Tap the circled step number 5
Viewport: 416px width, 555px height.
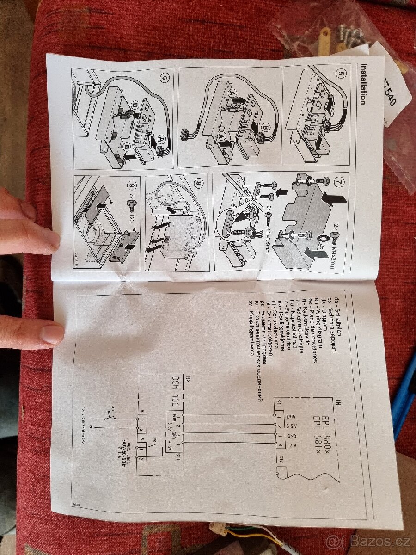341,74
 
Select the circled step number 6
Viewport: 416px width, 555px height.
165,77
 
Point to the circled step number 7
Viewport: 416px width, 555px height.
340,181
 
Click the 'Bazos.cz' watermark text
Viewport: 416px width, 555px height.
370,540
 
